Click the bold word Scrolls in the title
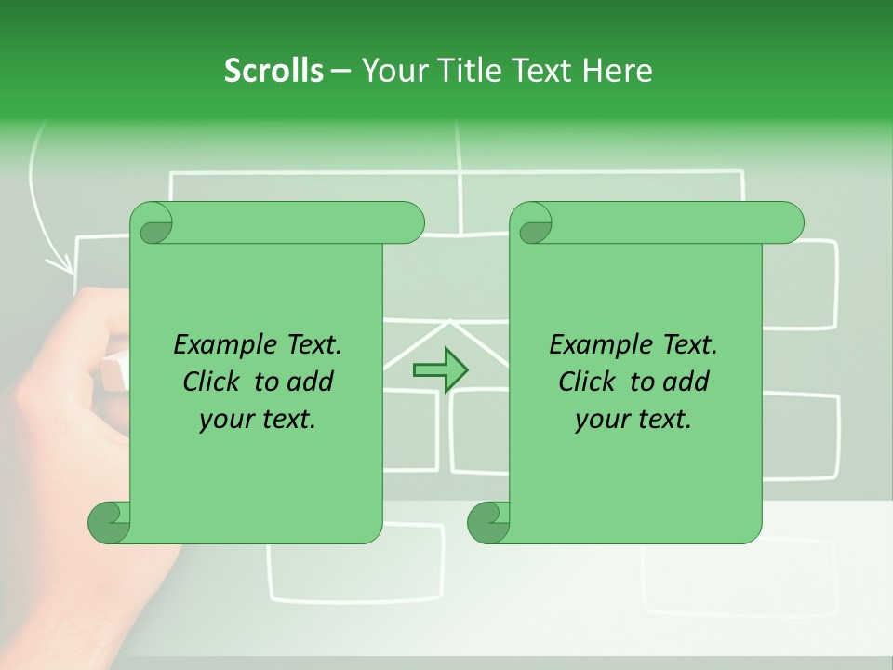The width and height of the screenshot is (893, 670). pyautogui.click(x=273, y=70)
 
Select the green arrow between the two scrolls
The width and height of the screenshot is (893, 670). pyautogui.click(x=440, y=369)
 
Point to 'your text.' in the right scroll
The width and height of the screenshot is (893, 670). pyautogui.click(x=633, y=420)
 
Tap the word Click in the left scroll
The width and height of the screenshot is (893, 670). pyautogui.click(x=211, y=382)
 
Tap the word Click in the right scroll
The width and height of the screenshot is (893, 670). pyautogui.click(x=587, y=382)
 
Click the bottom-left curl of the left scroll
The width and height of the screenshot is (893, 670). pyautogui.click(x=109, y=522)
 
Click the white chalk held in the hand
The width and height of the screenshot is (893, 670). pyautogui.click(x=113, y=371)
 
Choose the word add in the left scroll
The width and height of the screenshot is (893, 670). pyautogui.click(x=311, y=382)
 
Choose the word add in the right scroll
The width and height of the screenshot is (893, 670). pyautogui.click(x=686, y=382)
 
